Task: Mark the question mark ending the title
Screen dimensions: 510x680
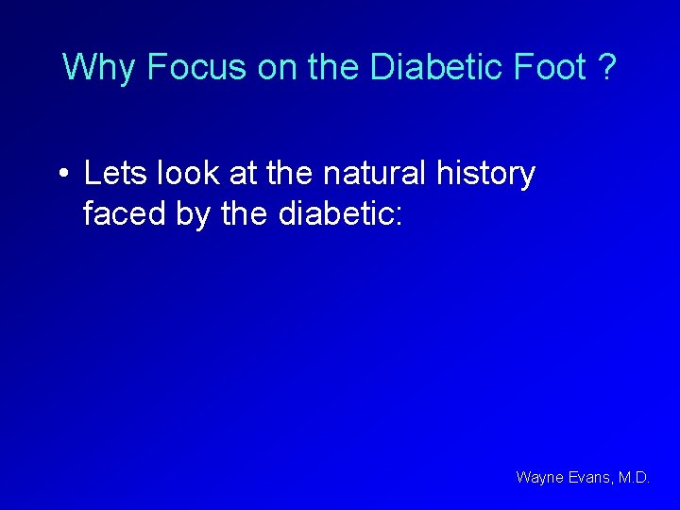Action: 607,67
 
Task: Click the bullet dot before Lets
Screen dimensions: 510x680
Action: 62,175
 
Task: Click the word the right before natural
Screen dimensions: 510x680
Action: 292,174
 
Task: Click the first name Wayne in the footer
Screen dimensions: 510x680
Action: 537,478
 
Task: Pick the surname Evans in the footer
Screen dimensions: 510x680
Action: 588,478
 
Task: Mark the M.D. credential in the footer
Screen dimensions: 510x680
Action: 634,478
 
